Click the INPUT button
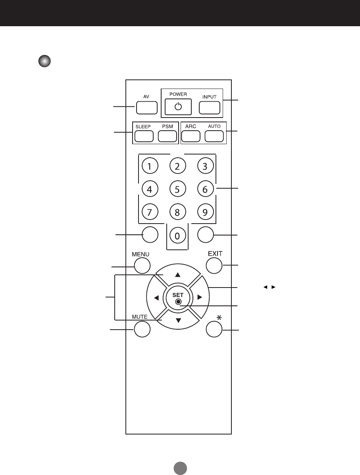(x=209, y=108)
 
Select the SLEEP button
(x=144, y=136)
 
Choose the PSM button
(x=167, y=136)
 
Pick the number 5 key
(x=177, y=189)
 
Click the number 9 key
(x=205, y=212)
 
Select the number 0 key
(x=177, y=236)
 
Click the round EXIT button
(x=214, y=265)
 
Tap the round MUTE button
(x=142, y=329)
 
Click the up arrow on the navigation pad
(x=178, y=274)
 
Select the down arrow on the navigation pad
(x=178, y=320)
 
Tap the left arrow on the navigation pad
(x=156, y=297)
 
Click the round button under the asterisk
(x=214, y=329)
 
